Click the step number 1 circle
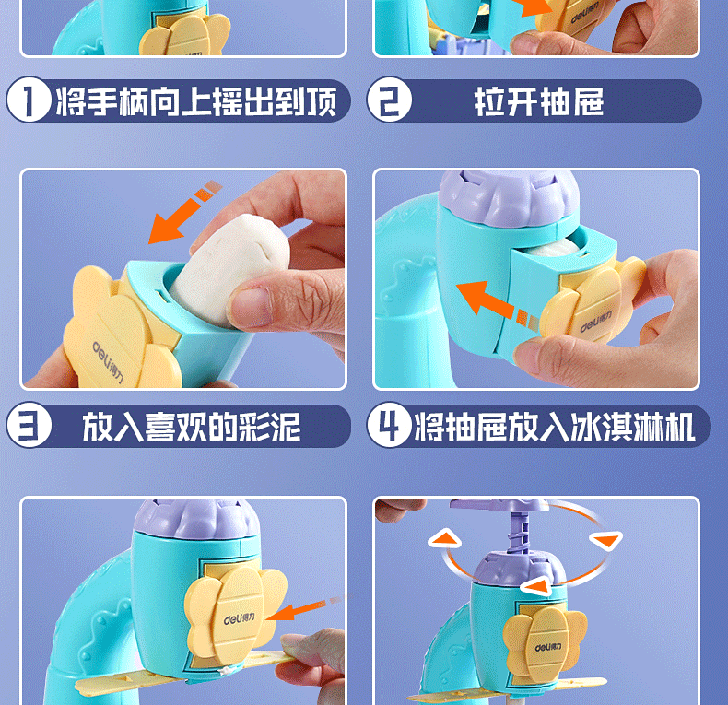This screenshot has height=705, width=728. (29, 100)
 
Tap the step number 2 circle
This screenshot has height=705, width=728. (389, 100)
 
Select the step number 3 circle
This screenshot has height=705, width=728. (29, 425)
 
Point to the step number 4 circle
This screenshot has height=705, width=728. (389, 425)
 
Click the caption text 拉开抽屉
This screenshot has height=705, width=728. (538, 101)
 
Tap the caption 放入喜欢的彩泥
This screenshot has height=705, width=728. (192, 427)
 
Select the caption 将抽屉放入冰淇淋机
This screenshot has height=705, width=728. (555, 427)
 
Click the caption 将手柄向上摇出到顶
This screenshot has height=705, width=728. (196, 101)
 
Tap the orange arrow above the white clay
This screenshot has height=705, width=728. (185, 212)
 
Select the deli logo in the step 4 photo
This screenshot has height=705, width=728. (595, 322)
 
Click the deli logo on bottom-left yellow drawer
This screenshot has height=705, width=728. (239, 618)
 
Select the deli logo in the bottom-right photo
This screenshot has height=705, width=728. (548, 648)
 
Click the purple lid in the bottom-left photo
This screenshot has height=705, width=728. (196, 519)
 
